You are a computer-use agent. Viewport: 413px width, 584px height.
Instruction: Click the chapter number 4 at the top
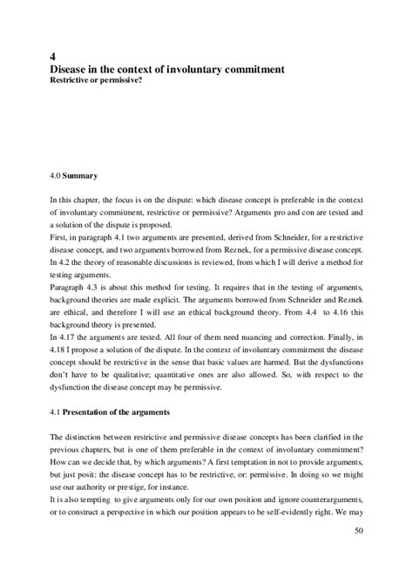[54, 54]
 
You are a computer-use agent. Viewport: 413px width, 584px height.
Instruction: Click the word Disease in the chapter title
[72, 67]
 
